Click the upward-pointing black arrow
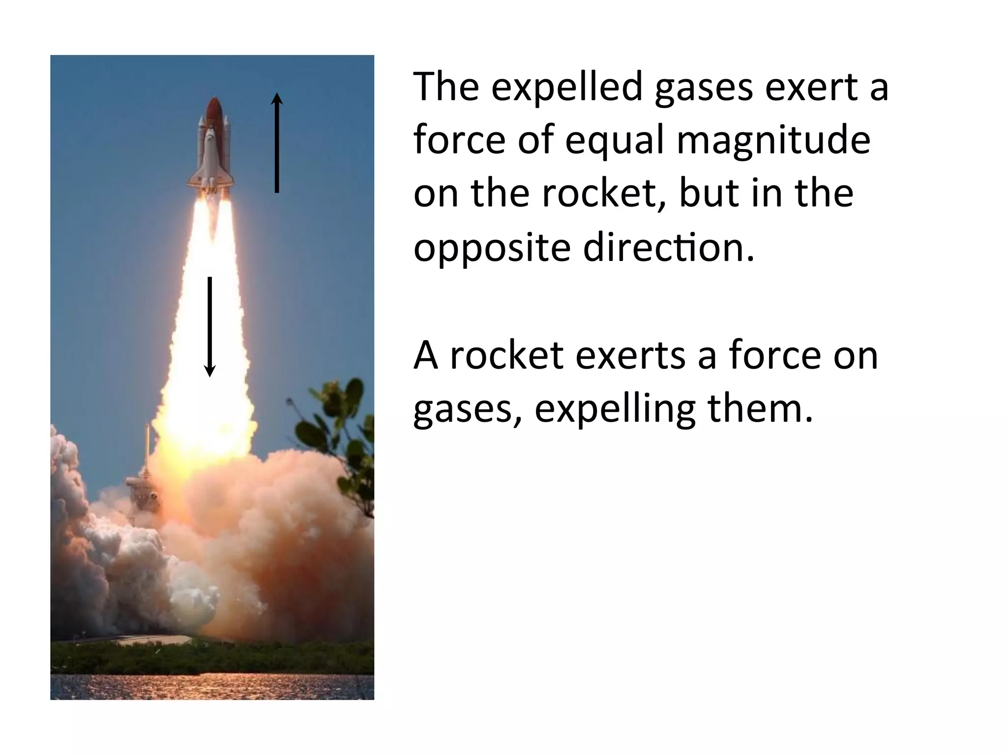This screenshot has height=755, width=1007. tap(277, 143)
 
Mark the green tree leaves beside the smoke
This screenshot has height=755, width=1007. tap(339, 423)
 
